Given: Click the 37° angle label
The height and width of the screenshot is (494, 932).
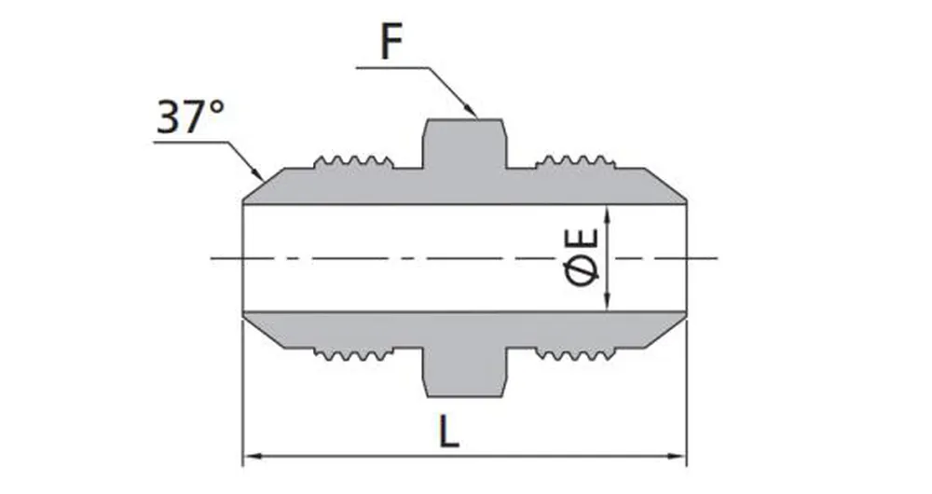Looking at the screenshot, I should click(x=190, y=118).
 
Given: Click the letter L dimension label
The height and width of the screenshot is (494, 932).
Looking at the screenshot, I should click(x=450, y=433).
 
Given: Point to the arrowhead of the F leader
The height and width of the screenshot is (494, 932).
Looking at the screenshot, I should click(x=473, y=113).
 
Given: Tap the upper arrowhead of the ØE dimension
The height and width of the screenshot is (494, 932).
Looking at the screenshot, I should click(x=607, y=211).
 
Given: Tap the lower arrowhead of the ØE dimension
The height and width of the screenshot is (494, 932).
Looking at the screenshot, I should click(x=607, y=305).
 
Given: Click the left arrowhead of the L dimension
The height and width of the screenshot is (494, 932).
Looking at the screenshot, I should click(x=250, y=457).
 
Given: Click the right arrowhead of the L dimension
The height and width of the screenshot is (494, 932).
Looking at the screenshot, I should click(x=680, y=457).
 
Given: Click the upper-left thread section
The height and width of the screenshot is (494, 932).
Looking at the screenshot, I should click(x=353, y=162).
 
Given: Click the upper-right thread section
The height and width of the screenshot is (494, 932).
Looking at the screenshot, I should click(x=575, y=162).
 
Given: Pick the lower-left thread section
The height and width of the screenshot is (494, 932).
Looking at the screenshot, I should click(x=353, y=353).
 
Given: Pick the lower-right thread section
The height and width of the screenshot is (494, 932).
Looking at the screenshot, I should click(x=575, y=353).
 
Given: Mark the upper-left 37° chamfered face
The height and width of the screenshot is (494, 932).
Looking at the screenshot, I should click(x=264, y=185).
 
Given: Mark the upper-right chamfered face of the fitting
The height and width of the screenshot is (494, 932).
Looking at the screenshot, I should click(x=665, y=185).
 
